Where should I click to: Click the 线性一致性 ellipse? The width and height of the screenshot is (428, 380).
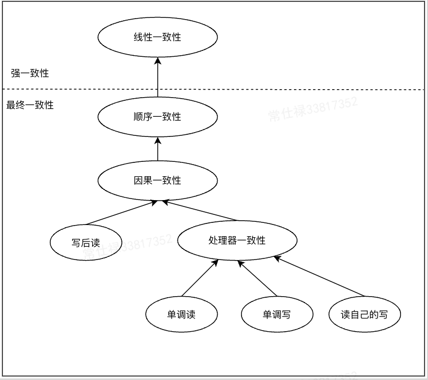tap(157, 37)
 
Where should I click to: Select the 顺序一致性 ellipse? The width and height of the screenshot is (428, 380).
tap(157, 117)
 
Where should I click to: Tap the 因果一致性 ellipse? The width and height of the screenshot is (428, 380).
tap(157, 180)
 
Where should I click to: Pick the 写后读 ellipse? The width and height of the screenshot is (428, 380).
tap(86, 243)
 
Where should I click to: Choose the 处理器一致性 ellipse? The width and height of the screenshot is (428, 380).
tap(237, 240)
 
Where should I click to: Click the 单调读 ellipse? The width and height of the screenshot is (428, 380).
tap(181, 314)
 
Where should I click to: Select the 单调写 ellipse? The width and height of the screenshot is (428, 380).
tap(277, 314)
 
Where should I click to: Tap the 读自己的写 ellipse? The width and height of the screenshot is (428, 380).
tap(364, 314)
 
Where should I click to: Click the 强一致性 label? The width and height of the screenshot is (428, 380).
tap(30, 73)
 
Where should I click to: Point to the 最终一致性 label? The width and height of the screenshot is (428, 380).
tap(30, 105)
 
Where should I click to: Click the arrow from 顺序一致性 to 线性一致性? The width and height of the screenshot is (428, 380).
tap(157, 80)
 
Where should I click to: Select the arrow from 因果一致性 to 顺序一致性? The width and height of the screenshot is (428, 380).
tap(157, 150)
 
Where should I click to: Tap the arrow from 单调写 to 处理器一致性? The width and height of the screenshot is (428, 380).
tap(257, 278)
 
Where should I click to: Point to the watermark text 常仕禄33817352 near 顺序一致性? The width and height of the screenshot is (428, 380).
tap(313, 109)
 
